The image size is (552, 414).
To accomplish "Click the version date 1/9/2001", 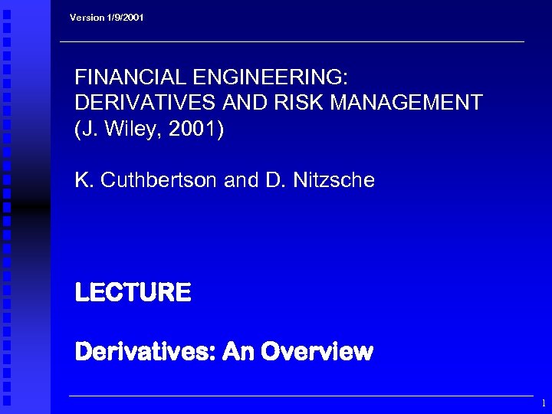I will pyautogui.click(x=124, y=17).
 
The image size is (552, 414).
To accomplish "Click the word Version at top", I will pyautogui.click(x=87, y=17).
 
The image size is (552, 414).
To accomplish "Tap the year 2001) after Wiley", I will pyautogui.click(x=195, y=129).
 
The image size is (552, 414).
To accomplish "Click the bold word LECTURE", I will pyautogui.click(x=133, y=292).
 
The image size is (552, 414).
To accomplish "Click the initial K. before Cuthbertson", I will pyautogui.click(x=83, y=180).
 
